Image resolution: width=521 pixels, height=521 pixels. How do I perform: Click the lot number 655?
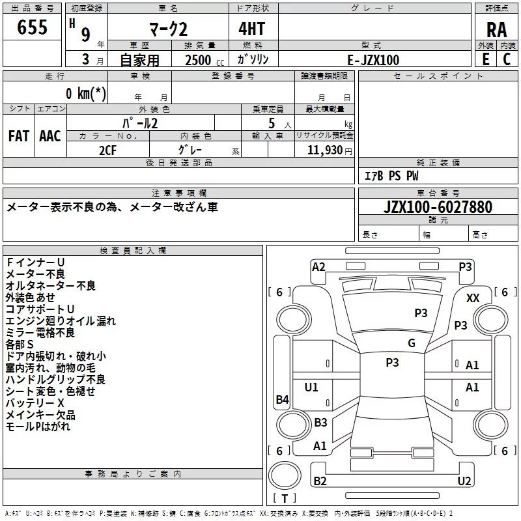click(x=32, y=27)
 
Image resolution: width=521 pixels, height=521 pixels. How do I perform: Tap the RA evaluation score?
click(x=496, y=30)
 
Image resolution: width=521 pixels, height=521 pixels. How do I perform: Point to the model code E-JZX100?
click(x=373, y=59)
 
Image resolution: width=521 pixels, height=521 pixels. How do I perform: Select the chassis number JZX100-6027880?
click(x=438, y=207)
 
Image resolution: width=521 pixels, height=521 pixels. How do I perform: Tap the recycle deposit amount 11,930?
click(x=325, y=150)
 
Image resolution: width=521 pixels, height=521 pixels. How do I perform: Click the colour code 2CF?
click(x=108, y=149)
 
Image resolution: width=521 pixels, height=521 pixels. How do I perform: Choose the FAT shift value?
click(x=19, y=135)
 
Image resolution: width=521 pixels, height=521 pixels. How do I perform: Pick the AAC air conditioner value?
click(x=50, y=135)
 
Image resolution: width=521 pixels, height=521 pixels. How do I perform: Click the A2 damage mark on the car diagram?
click(x=318, y=266)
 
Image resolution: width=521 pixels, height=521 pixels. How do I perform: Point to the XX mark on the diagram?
click(x=473, y=298)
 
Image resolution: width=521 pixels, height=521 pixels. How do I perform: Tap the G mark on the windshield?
click(x=412, y=343)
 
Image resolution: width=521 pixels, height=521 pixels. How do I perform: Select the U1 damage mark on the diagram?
click(x=311, y=387)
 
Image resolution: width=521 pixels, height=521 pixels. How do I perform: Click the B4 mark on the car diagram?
click(x=282, y=399)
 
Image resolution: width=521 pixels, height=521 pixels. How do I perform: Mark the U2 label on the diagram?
click(x=464, y=481)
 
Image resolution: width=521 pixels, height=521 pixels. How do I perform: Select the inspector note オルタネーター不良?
click(x=50, y=285)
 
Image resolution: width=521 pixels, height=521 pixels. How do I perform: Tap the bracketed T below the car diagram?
click(x=285, y=498)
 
